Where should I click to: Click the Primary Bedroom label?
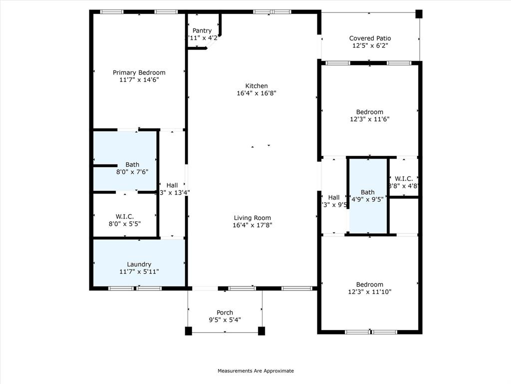click(139, 72)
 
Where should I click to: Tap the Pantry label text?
click(202, 30)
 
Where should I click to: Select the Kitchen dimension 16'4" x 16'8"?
click(256, 93)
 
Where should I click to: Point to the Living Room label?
click(253, 217)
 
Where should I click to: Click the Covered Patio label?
click(370, 38)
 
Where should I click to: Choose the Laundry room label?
click(139, 264)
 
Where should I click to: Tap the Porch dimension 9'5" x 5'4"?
click(225, 320)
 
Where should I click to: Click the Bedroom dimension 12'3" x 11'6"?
click(370, 119)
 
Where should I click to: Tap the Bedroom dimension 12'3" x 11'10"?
click(370, 291)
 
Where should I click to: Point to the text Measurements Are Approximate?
click(255, 371)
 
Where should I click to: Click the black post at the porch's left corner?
click(188, 330)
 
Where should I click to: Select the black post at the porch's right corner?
click(261, 330)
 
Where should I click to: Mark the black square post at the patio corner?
click(419, 14)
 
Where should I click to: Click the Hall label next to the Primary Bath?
click(172, 185)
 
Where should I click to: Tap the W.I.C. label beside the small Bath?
click(403, 178)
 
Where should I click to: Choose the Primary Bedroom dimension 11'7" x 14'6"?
click(139, 79)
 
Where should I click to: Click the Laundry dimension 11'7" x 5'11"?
click(139, 271)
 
